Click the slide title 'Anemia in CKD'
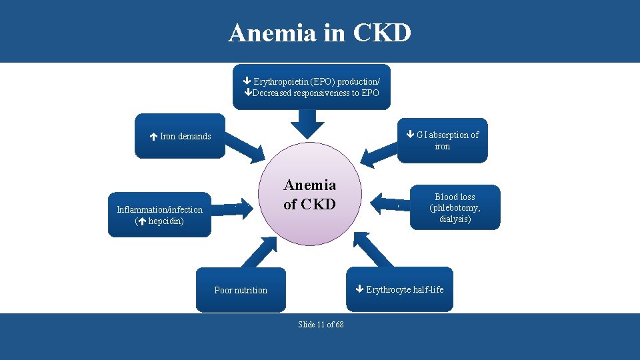click(319, 32)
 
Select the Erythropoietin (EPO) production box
click(311, 87)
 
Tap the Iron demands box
click(180, 136)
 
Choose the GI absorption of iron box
click(443, 140)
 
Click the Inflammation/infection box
click(159, 215)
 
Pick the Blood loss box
click(455, 207)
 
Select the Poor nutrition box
click(241, 290)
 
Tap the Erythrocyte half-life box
click(399, 289)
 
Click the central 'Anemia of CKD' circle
click(309, 195)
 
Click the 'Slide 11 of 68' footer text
click(321, 325)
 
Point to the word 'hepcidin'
click(166, 221)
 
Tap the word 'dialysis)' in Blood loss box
click(455, 218)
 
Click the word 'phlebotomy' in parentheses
click(456, 207)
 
